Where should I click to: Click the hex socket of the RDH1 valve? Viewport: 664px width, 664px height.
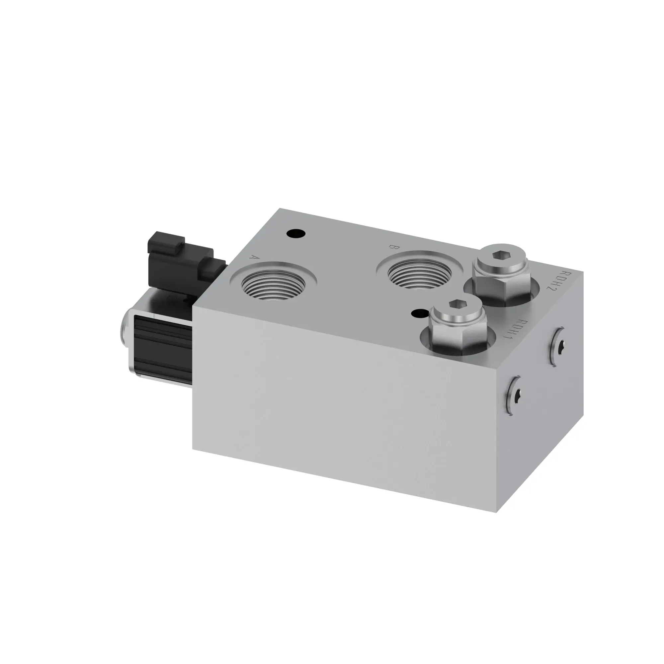tap(456, 304)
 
